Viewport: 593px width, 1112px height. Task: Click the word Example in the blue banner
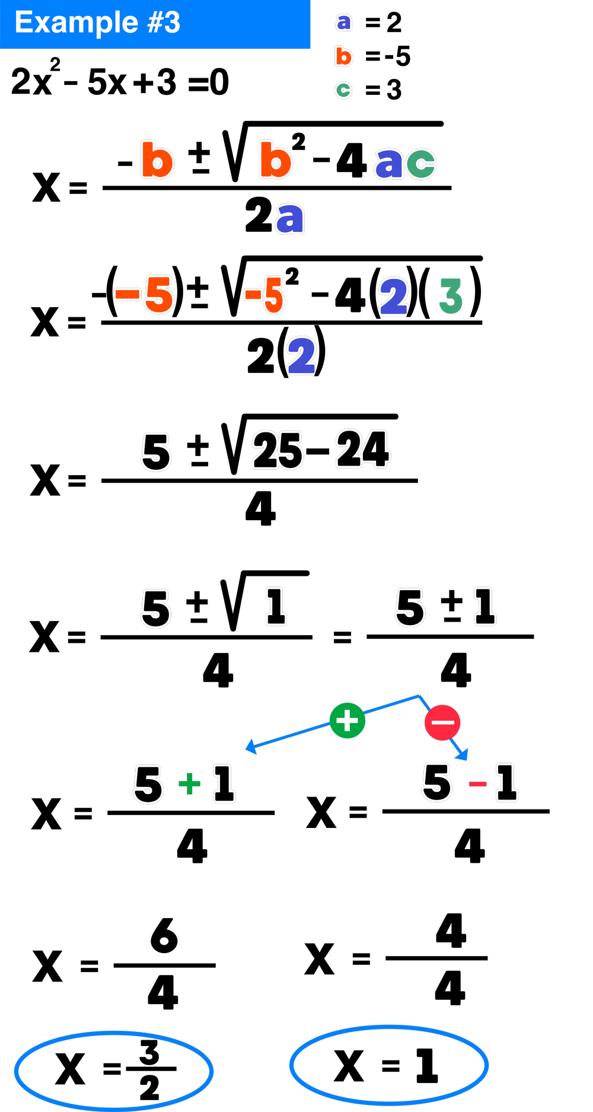(76, 23)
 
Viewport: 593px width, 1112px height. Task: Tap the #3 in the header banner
(164, 23)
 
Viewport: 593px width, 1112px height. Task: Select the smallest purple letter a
(344, 22)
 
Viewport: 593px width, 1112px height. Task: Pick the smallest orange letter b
(343, 56)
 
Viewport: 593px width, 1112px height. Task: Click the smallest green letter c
(343, 90)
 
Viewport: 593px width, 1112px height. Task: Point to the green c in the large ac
(421, 163)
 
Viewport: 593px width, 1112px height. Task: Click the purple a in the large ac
(389, 163)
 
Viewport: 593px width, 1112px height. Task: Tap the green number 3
(451, 296)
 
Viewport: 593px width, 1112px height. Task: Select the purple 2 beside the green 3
(394, 296)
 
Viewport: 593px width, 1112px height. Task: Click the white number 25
(278, 450)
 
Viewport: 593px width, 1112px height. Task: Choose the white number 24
(363, 449)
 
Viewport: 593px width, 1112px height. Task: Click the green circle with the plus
(347, 721)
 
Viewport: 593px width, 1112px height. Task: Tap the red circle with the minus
(442, 722)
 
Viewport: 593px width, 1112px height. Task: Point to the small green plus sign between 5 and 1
(190, 783)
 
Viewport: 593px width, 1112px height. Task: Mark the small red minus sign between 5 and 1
(477, 785)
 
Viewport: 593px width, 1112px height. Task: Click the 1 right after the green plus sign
(224, 783)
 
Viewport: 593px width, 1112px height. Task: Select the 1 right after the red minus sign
(507, 783)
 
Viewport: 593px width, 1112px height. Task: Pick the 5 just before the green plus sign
(148, 783)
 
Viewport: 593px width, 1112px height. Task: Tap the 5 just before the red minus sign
(437, 782)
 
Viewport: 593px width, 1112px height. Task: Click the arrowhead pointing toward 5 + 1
(251, 747)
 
